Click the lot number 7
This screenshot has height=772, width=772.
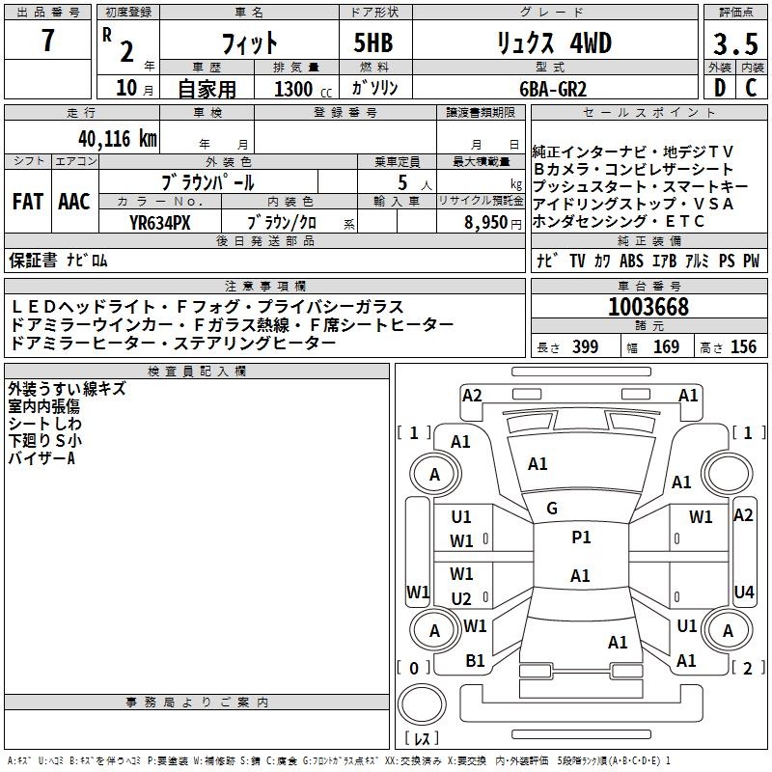(47, 41)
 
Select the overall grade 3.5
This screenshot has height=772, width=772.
(735, 44)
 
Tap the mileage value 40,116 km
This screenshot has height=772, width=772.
(117, 139)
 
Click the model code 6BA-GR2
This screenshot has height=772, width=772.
(553, 89)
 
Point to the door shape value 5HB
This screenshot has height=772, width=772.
(373, 42)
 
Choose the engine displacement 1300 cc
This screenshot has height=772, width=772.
(303, 89)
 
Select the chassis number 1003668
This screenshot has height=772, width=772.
(648, 307)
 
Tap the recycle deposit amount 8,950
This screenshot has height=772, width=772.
(486, 223)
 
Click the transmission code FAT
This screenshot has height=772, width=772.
(28, 202)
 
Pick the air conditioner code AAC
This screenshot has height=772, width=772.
(74, 202)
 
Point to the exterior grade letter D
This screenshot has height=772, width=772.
(720, 88)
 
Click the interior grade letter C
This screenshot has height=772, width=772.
(751, 88)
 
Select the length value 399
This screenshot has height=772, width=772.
(586, 346)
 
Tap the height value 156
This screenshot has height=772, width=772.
(743, 346)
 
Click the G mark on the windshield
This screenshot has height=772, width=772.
(552, 509)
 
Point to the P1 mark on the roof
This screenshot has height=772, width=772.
(581, 538)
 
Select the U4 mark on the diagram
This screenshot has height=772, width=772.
(743, 592)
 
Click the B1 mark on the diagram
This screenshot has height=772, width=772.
(475, 661)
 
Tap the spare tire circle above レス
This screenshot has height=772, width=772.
(422, 703)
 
